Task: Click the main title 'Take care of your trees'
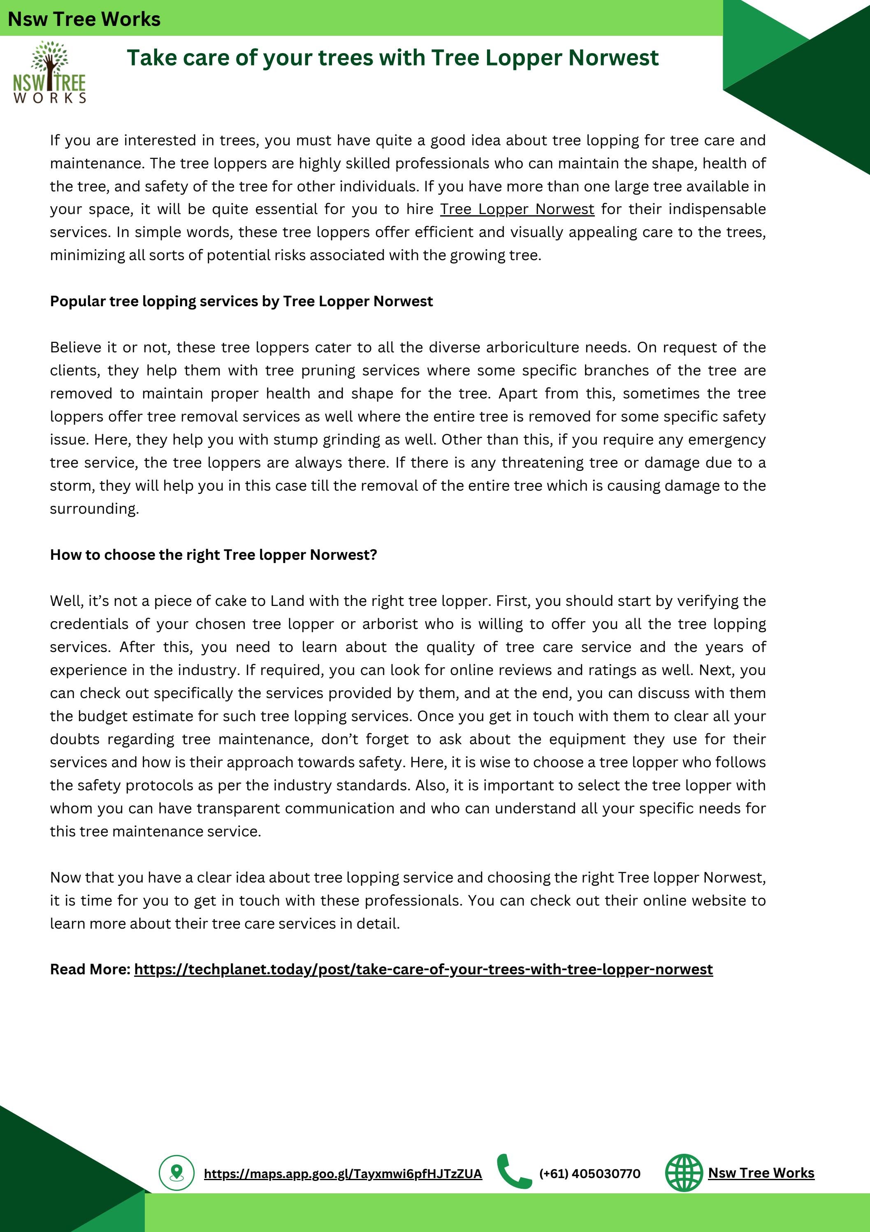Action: point(392,57)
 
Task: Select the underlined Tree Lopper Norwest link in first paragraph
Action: point(517,209)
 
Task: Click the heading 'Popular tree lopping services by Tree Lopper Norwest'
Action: point(241,301)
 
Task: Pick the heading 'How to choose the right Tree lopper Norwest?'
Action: point(213,554)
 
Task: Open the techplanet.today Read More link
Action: point(423,969)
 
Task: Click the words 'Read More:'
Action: point(90,969)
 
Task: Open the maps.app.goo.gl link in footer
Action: point(343,1174)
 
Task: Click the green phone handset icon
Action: point(513,1171)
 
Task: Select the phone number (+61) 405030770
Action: point(589,1174)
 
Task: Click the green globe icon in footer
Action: point(683,1172)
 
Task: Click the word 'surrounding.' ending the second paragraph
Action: point(94,508)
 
